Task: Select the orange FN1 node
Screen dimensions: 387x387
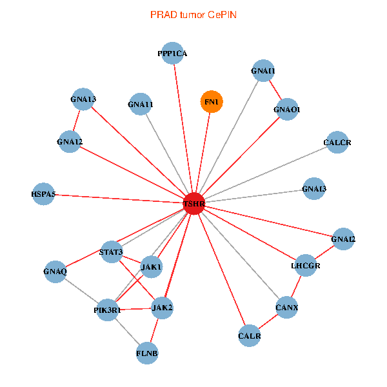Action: (212, 102)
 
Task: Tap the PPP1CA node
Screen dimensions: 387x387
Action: (172, 54)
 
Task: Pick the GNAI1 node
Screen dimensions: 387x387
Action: (263, 71)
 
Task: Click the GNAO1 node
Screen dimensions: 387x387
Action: (286, 110)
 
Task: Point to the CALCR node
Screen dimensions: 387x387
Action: (337, 142)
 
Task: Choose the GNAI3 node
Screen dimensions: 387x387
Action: (313, 189)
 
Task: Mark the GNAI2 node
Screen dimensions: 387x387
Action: (343, 239)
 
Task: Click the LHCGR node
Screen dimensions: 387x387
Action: (306, 265)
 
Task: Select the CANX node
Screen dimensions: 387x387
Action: (286, 307)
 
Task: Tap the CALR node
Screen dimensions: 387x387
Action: (250, 335)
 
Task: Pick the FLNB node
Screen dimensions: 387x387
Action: (147, 353)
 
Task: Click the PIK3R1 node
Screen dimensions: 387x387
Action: (106, 310)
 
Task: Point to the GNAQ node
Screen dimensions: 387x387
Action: (55, 271)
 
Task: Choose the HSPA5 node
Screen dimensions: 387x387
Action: (43, 193)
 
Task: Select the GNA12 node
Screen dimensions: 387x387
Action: (70, 141)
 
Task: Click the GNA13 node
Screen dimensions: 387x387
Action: (83, 99)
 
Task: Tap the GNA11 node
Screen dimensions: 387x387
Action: (141, 104)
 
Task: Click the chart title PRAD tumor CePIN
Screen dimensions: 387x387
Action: (193, 14)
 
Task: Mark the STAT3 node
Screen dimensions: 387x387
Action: (111, 252)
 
